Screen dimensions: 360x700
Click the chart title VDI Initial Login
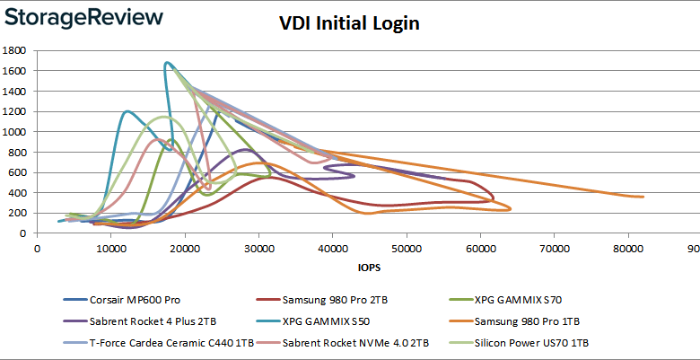click(349, 23)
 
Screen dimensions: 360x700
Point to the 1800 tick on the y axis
click(19, 50)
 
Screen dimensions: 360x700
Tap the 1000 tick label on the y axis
click(19, 131)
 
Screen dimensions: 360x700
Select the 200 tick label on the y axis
click(22, 213)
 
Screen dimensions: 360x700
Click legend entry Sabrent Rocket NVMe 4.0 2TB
click(350, 342)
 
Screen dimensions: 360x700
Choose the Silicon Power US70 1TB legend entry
click(536, 342)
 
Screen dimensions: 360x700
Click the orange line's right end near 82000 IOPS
click(643, 197)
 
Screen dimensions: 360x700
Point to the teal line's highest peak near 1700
click(167, 63)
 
